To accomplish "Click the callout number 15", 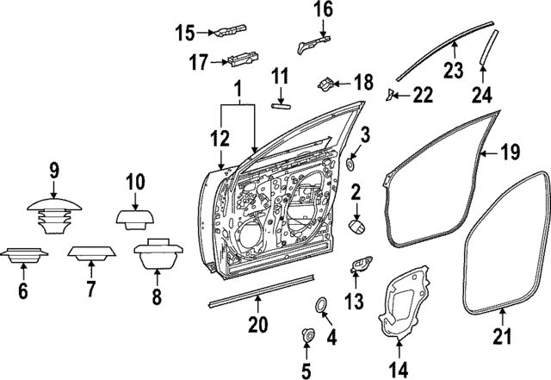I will pos(186,34).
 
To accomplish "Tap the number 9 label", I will pos(53,171).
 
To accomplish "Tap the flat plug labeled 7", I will pos(91,254).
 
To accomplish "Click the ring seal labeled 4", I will pos(319,304).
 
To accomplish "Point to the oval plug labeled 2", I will pos(356,226).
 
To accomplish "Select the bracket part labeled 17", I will pos(241,60).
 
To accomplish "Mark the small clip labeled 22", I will pos(390,93).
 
